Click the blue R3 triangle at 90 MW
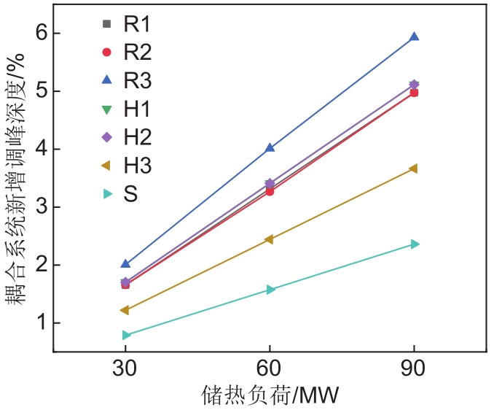pos(414,36)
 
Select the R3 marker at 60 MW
pos(270,147)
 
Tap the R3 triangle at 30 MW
pos(125,263)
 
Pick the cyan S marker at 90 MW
pos(415,244)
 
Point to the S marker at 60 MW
pos(270,290)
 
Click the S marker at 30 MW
pos(126,335)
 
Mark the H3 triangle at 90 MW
pos(413,169)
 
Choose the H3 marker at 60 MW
pos(269,239)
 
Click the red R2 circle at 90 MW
pos(414,93)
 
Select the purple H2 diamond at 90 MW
pos(414,85)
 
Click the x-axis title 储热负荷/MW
pos(270,395)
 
